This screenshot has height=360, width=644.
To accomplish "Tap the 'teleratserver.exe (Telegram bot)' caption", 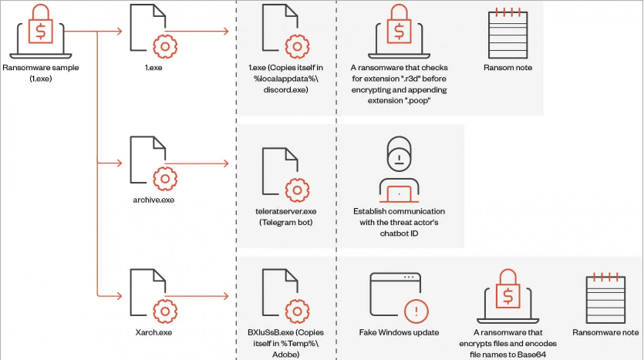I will (x=285, y=217).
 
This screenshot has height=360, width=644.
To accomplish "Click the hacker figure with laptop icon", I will (x=399, y=168).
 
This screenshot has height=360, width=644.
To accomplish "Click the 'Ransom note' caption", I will (x=507, y=68).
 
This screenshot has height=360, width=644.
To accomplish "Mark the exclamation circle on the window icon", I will (x=417, y=311).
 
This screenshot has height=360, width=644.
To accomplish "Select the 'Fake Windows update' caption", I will (x=399, y=332).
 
